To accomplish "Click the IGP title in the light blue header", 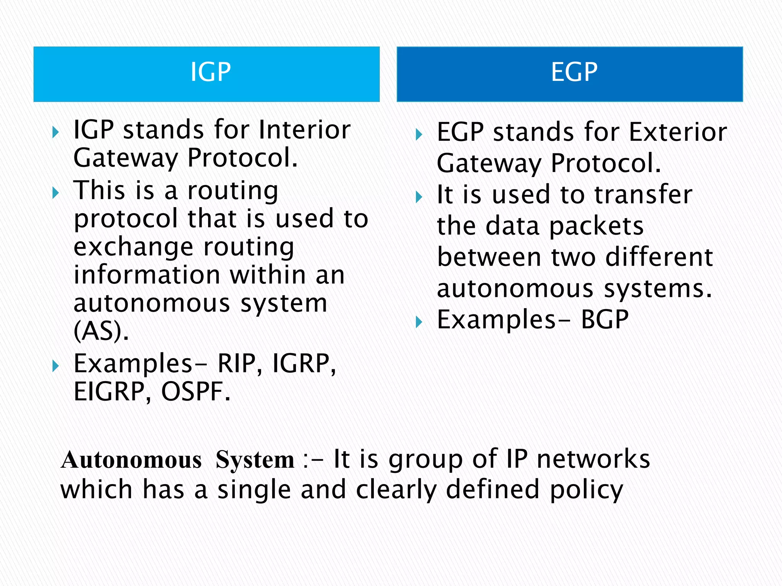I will [210, 72].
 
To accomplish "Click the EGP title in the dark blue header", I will [574, 72].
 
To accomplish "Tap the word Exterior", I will [678, 132].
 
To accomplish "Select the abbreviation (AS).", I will [100, 330].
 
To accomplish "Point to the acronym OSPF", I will [195, 392].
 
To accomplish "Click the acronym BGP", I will [604, 320].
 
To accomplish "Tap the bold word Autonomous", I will [131, 459].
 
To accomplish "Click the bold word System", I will [255, 459].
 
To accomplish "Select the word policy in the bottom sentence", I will [586, 490].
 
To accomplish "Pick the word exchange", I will [134, 247].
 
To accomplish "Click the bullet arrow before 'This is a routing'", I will [56, 193].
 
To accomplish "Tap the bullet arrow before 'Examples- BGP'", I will [419, 322].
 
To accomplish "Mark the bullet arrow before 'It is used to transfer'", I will [419, 197].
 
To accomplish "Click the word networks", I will [593, 459].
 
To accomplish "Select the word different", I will [659, 257].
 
